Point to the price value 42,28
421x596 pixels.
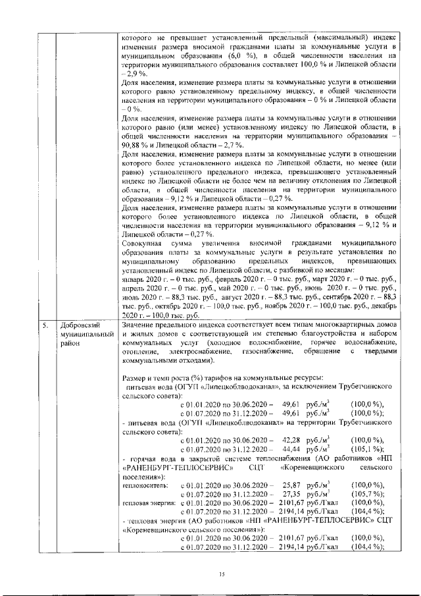pyautogui.click(x=291, y=439)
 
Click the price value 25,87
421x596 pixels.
pyautogui.click(x=291, y=485)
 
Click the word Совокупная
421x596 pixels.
pyautogui.click(x=143, y=243)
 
